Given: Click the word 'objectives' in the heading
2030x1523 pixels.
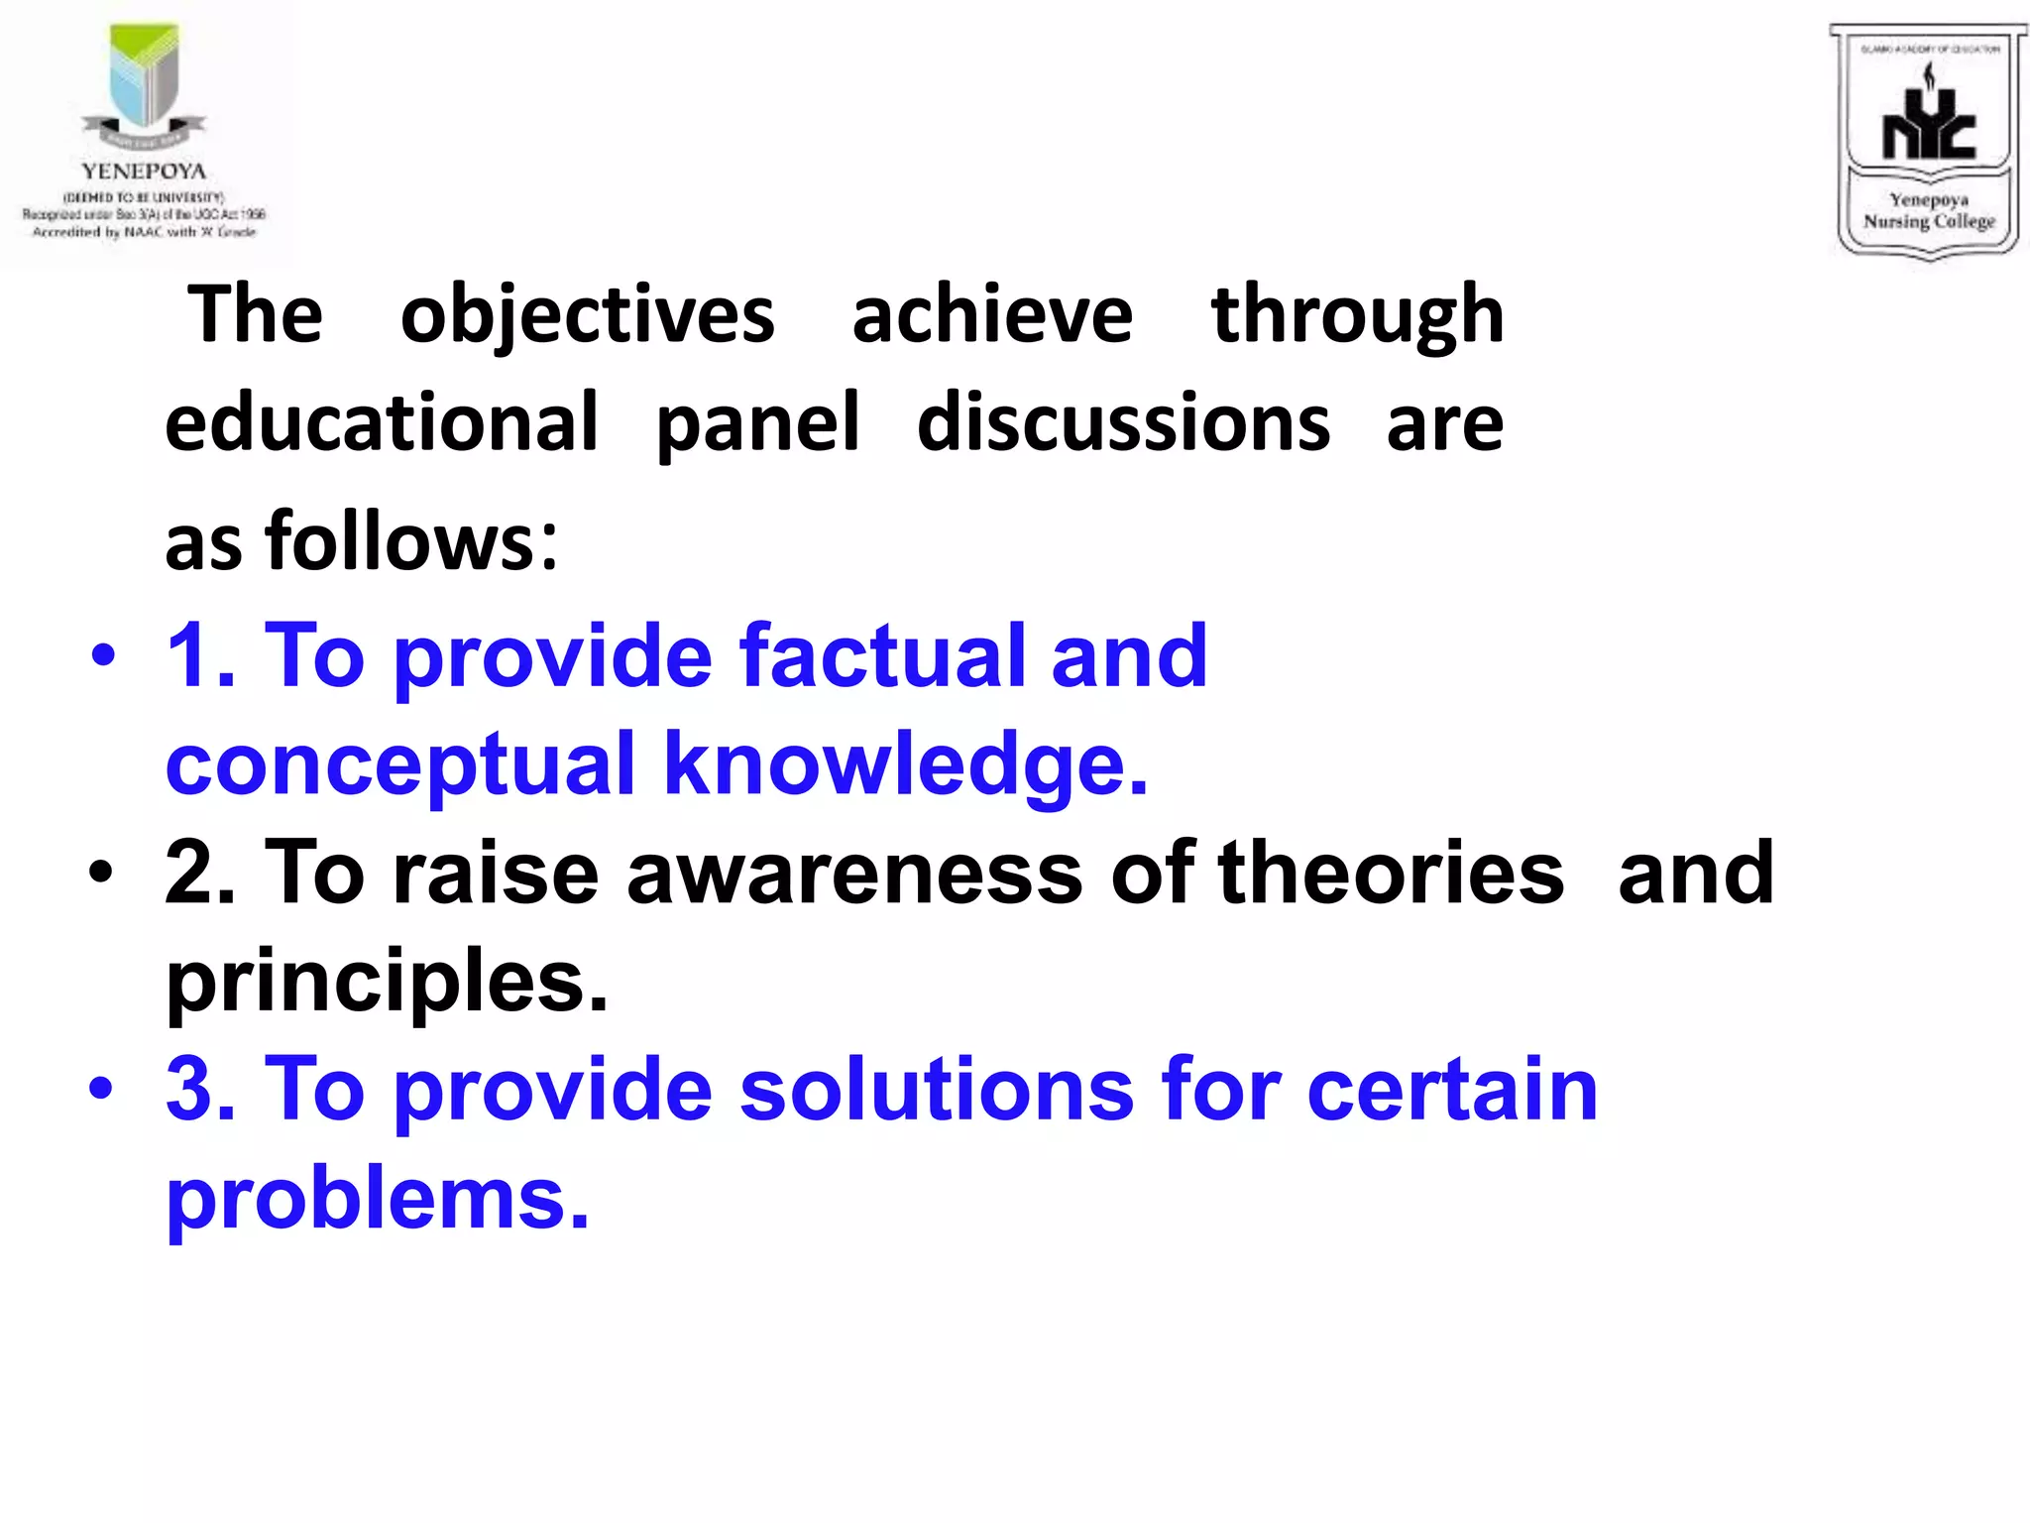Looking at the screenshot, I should coord(587,316).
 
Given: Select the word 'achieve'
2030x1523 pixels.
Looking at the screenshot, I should coord(992,314).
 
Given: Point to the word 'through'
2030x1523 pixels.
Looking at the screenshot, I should coord(1357,316).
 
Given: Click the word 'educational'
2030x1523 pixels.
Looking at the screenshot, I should coord(382,422).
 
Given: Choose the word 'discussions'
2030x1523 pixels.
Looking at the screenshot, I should coord(1123,422).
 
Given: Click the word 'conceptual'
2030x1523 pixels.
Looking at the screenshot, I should coord(400,765).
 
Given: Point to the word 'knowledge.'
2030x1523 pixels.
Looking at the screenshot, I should coord(906,765).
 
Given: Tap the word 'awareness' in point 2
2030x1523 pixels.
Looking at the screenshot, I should coord(854,873).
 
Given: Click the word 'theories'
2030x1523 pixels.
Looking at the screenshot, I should coord(1391,873).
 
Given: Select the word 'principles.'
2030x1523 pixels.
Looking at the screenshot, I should coord(387,983).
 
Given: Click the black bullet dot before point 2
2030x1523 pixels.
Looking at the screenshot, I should coord(101,873).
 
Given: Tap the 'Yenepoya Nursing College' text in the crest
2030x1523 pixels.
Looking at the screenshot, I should coord(1928,210).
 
